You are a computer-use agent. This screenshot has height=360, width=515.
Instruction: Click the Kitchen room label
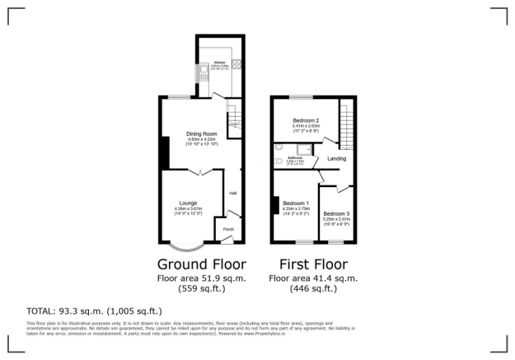[x=219, y=63]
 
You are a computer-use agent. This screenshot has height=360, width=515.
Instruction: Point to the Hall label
[x=233, y=194]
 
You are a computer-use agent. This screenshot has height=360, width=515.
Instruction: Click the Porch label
[x=228, y=229]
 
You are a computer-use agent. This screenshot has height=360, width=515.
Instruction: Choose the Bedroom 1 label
[x=296, y=203]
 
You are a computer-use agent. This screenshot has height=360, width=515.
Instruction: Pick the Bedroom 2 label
[x=306, y=121]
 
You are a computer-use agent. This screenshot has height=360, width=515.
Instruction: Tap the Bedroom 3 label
[x=336, y=214]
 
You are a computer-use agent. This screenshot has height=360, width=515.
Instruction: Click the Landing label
[x=336, y=158]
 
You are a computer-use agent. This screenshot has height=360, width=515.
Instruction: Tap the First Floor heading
[x=313, y=264]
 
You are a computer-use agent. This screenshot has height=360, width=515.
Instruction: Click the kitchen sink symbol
[x=203, y=73]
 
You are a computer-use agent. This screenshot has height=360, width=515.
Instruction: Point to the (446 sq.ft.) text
[x=313, y=289]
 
